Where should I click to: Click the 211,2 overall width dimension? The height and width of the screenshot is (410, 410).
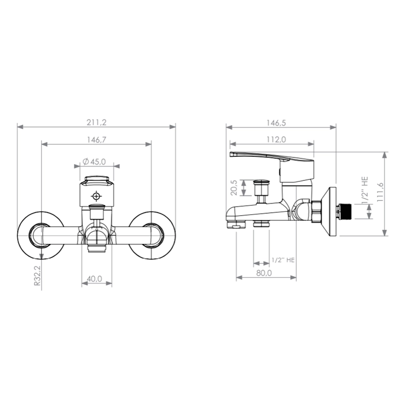pyautogui.click(x=96, y=122)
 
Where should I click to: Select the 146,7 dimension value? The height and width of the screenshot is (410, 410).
pyautogui.click(x=96, y=139)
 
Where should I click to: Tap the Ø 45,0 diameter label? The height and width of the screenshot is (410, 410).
pyautogui.click(x=94, y=162)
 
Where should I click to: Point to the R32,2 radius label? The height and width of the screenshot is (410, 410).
pyautogui.click(x=37, y=275)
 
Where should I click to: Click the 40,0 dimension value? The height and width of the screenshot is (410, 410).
pyautogui.click(x=94, y=279)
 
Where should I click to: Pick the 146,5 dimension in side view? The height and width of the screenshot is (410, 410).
pyautogui.click(x=276, y=122)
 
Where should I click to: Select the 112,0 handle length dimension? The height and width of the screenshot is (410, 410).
pyautogui.click(x=276, y=139)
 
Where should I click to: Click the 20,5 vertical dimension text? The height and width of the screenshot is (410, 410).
pyautogui.click(x=234, y=188)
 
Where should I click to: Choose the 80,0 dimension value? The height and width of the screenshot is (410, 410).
pyautogui.click(x=264, y=273)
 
